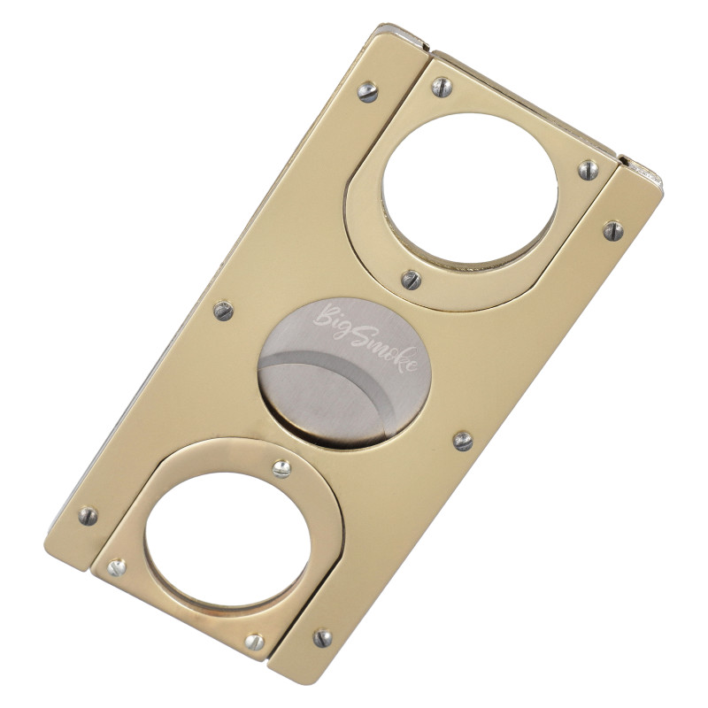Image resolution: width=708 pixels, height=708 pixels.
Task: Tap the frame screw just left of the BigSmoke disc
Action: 224,310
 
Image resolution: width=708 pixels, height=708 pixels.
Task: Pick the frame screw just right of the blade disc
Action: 462,440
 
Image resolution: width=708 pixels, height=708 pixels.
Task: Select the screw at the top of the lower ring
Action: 281,468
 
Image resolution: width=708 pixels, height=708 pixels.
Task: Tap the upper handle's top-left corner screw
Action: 442,86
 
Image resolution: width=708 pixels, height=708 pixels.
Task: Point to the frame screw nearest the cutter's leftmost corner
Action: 88,516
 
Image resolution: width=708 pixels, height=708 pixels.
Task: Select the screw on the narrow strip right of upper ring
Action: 613,230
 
